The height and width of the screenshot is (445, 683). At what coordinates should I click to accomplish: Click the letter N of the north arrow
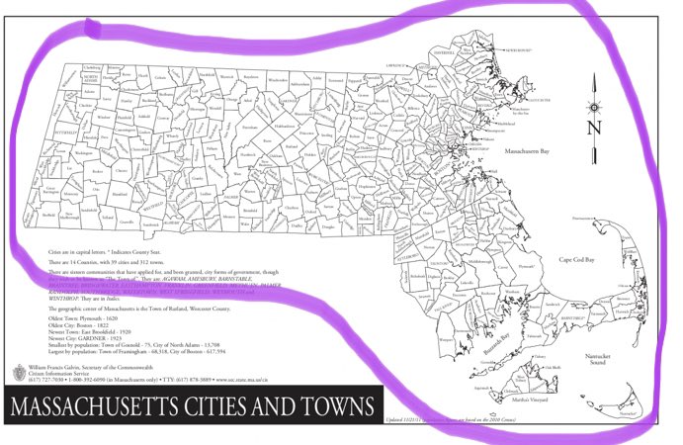593,128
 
